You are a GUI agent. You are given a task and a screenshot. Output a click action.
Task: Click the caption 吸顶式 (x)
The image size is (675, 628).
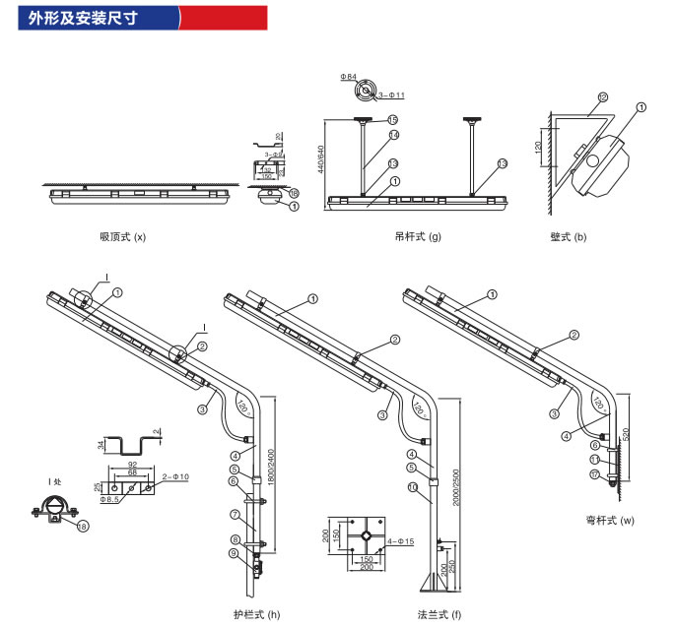click(122, 237)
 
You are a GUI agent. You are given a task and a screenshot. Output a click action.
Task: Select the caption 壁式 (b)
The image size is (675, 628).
click(569, 237)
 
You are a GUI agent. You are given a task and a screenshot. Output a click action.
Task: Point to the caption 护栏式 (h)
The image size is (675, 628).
click(256, 614)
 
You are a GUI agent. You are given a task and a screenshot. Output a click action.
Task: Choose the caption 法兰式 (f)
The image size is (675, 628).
click(439, 614)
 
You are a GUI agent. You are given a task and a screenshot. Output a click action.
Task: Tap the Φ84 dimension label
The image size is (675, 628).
click(348, 76)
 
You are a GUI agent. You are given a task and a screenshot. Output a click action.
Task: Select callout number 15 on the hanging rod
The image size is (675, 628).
click(392, 119)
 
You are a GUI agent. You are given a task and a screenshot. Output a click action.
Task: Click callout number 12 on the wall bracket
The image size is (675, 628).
click(602, 96)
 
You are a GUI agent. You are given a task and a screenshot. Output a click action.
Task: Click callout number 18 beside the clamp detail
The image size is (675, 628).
click(82, 528)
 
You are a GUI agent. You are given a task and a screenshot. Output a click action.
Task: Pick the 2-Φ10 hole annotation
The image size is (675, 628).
click(176, 477)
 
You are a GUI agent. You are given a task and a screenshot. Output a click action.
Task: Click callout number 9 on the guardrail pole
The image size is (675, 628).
click(233, 554)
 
